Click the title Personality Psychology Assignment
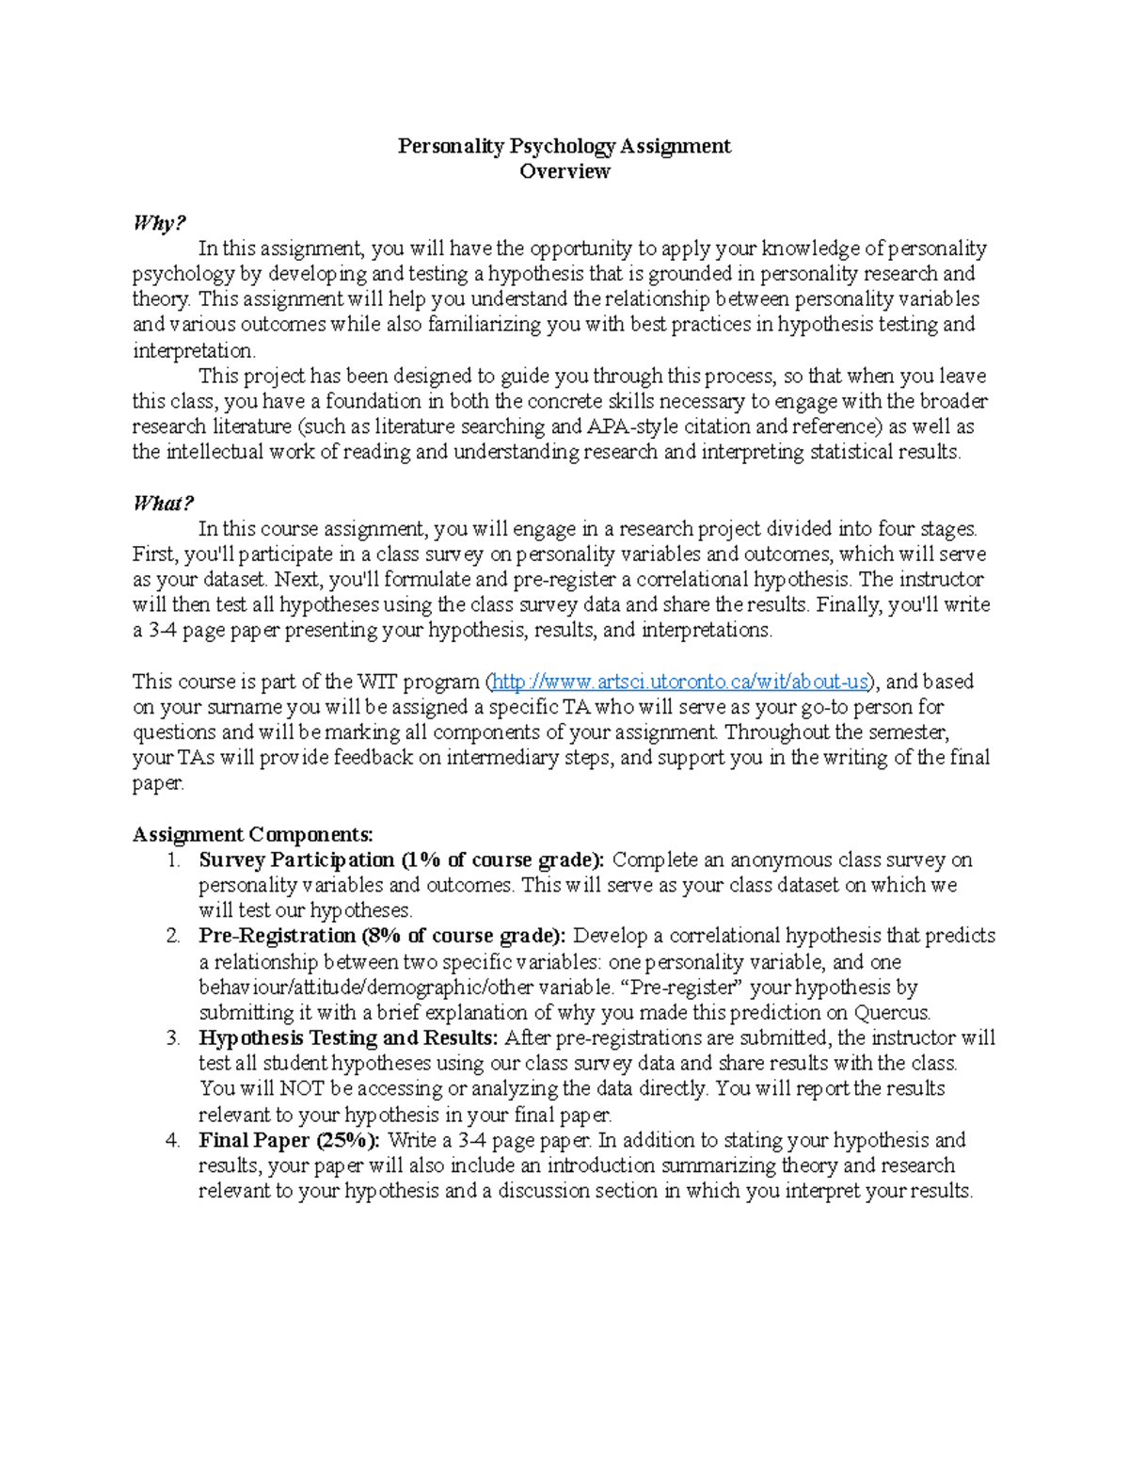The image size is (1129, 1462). [x=564, y=146]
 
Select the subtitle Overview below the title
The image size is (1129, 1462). [x=564, y=171]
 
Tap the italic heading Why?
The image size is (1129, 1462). [x=159, y=223]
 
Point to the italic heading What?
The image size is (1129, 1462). [x=163, y=504]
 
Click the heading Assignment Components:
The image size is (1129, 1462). [x=252, y=834]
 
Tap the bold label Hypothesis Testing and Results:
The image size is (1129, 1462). [x=348, y=1037]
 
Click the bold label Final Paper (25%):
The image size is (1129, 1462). [x=289, y=1140]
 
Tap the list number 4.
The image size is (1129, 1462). [x=172, y=1140]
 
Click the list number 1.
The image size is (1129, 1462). [x=172, y=860]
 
